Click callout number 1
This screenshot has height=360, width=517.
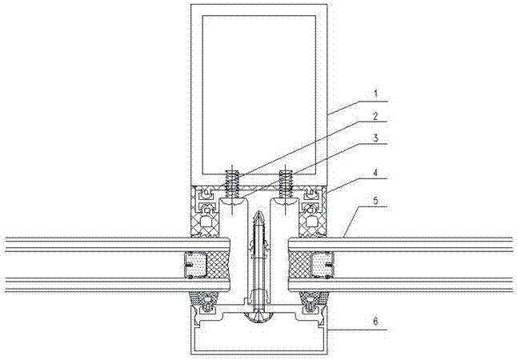(375, 94)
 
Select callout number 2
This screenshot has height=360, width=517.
(375, 116)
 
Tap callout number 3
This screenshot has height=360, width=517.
(375, 138)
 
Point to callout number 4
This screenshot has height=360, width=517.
(375, 172)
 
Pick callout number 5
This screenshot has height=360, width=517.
(375, 201)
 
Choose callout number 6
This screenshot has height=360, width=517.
(376, 321)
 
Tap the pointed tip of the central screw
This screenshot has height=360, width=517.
(258, 212)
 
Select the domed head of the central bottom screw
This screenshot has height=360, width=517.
(258, 317)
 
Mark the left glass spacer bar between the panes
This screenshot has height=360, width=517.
(195, 264)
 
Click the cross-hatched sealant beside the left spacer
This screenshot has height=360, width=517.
(218, 264)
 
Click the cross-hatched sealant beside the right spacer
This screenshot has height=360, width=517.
(300, 264)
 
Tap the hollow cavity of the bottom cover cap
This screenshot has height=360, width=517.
(259, 339)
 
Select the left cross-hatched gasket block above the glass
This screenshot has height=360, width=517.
(205, 211)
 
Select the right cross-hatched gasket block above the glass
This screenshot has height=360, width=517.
(313, 211)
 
